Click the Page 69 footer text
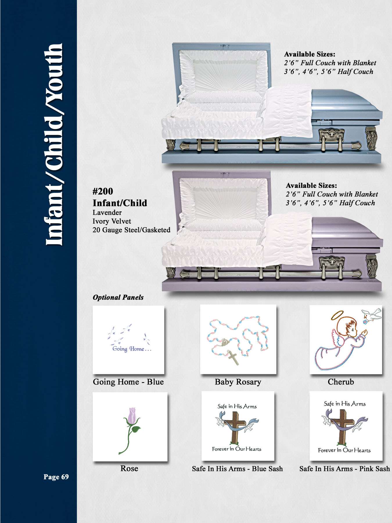[x=56, y=477]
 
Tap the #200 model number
[x=103, y=191]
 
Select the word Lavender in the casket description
[x=107, y=212]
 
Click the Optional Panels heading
[x=118, y=297]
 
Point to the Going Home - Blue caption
[x=128, y=381]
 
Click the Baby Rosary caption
[x=238, y=382]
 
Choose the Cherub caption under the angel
[x=341, y=381]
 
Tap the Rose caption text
[x=129, y=468]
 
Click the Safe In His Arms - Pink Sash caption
[x=345, y=468]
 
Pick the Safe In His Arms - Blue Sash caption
[x=237, y=468]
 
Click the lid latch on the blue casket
[x=224, y=45]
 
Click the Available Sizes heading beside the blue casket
[x=310, y=54]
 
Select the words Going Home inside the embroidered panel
[x=128, y=349]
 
